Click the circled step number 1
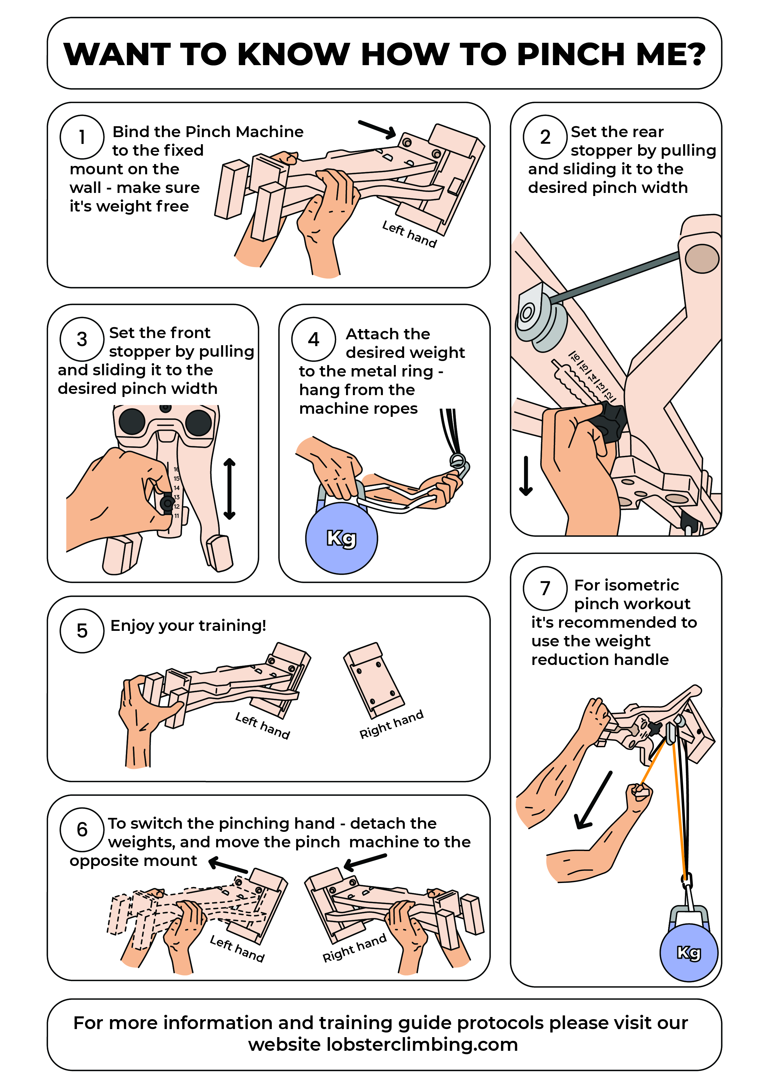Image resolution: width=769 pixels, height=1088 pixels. tap(82, 137)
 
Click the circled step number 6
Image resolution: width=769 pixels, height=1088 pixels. tap(82, 830)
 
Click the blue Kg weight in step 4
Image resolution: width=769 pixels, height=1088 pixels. tap(341, 539)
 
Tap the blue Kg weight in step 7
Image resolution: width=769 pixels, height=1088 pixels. tap(688, 952)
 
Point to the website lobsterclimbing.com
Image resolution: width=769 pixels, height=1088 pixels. tap(422, 1044)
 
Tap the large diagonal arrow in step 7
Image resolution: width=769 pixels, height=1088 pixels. tap(592, 801)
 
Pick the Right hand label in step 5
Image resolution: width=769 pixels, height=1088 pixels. tap(391, 725)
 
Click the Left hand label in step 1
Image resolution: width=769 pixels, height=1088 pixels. tap(409, 234)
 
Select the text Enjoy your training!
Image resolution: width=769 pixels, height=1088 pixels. tap(188, 626)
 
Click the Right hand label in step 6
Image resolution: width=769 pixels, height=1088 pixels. tap(354, 948)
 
